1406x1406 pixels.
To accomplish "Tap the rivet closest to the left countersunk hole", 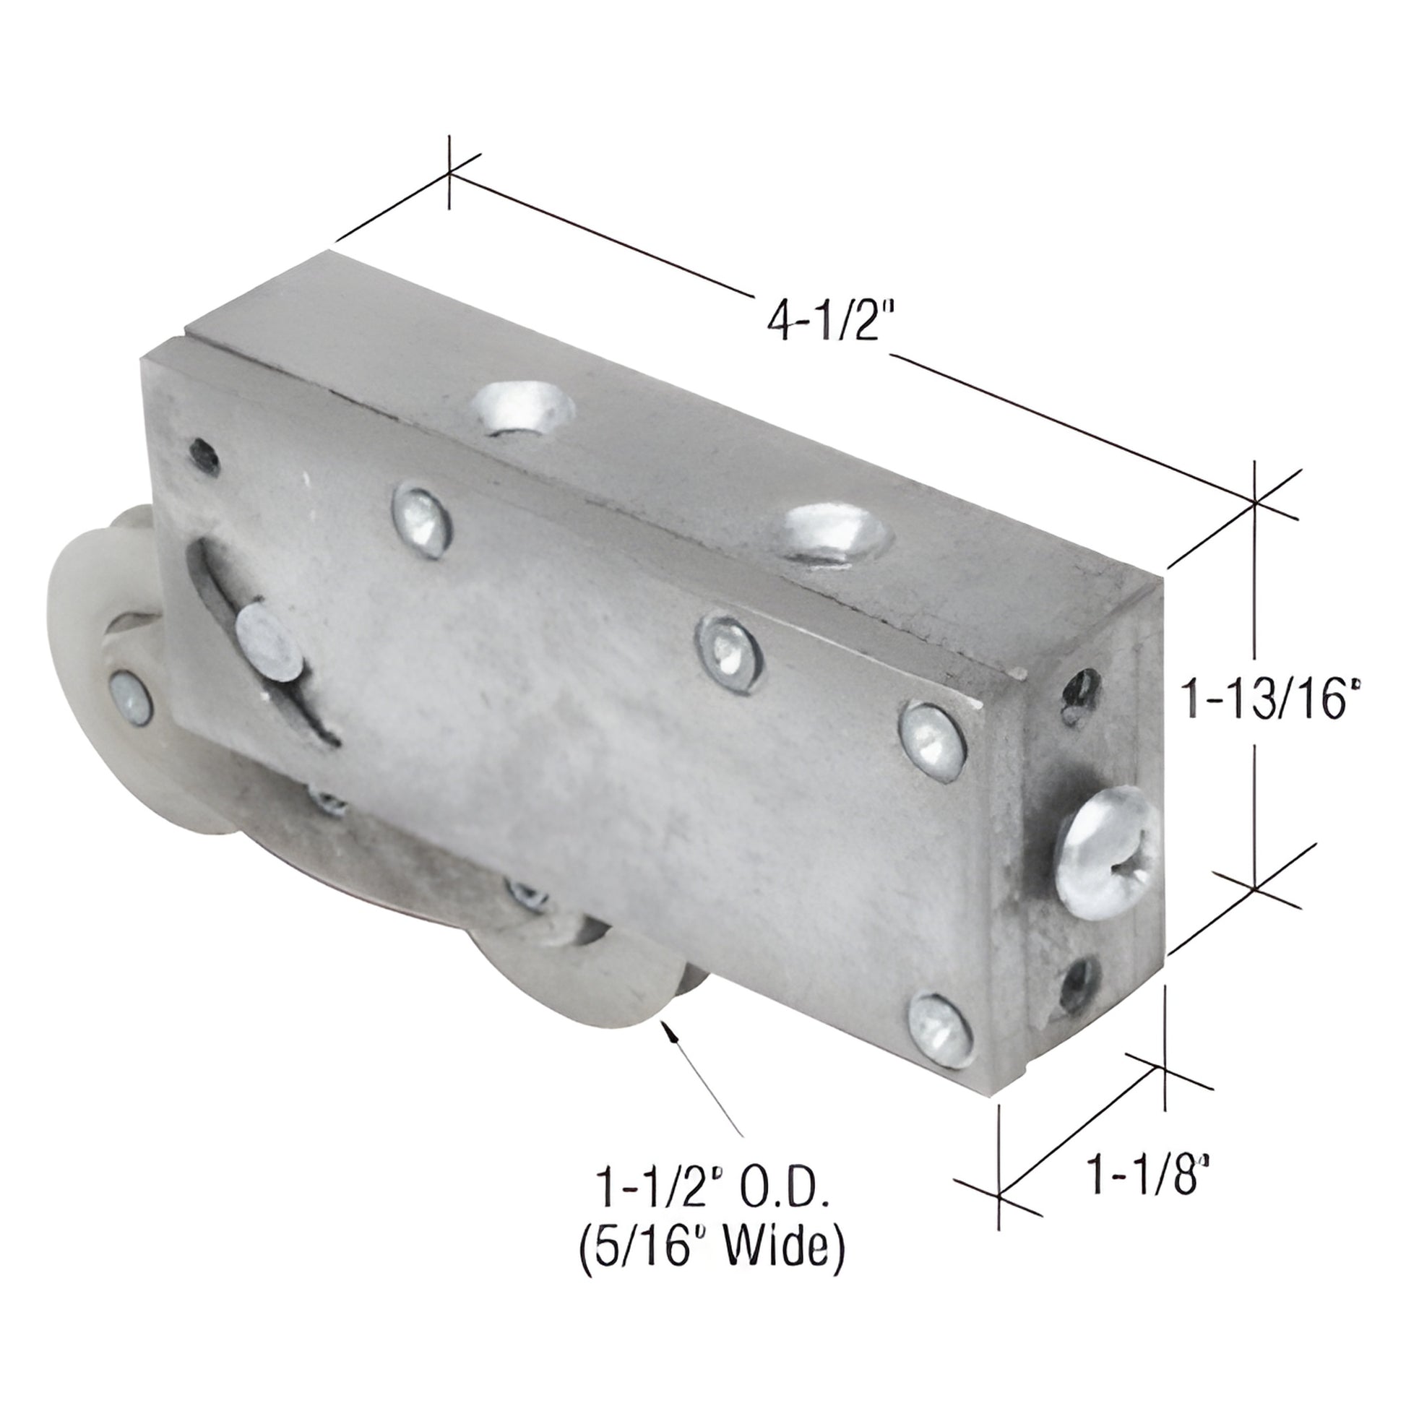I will point(420,520).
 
